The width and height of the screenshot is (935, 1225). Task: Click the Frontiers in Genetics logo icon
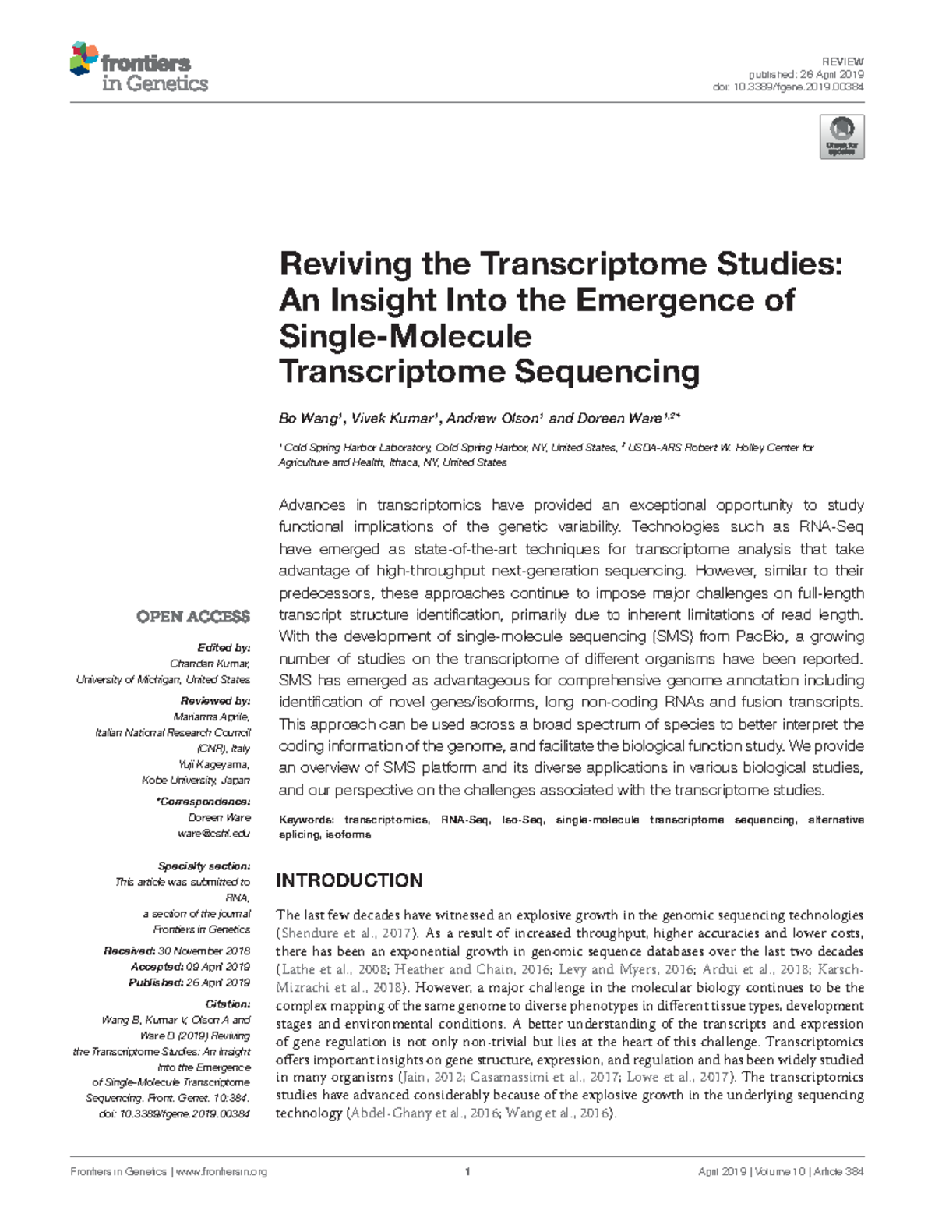pyautogui.click(x=84, y=58)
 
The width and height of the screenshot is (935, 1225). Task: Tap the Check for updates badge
pyautogui.click(x=841, y=137)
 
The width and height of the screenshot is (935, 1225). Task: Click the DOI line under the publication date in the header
pyautogui.click(x=788, y=87)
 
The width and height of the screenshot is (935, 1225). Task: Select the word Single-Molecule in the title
pyautogui.click(x=405, y=336)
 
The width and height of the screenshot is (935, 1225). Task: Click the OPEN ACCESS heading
pyautogui.click(x=193, y=617)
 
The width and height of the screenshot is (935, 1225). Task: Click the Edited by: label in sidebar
pyautogui.click(x=224, y=648)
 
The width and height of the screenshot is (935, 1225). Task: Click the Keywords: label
pyautogui.click(x=306, y=820)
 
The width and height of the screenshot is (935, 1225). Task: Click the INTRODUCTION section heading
pyautogui.click(x=349, y=880)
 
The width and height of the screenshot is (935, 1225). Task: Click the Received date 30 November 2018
pyautogui.click(x=203, y=951)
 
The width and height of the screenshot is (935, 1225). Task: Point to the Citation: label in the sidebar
pyautogui.click(x=228, y=1004)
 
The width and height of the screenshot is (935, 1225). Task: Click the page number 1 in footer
pyautogui.click(x=467, y=1172)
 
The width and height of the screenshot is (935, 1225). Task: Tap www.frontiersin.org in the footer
pyautogui.click(x=222, y=1172)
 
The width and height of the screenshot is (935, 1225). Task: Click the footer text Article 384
pyautogui.click(x=838, y=1172)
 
